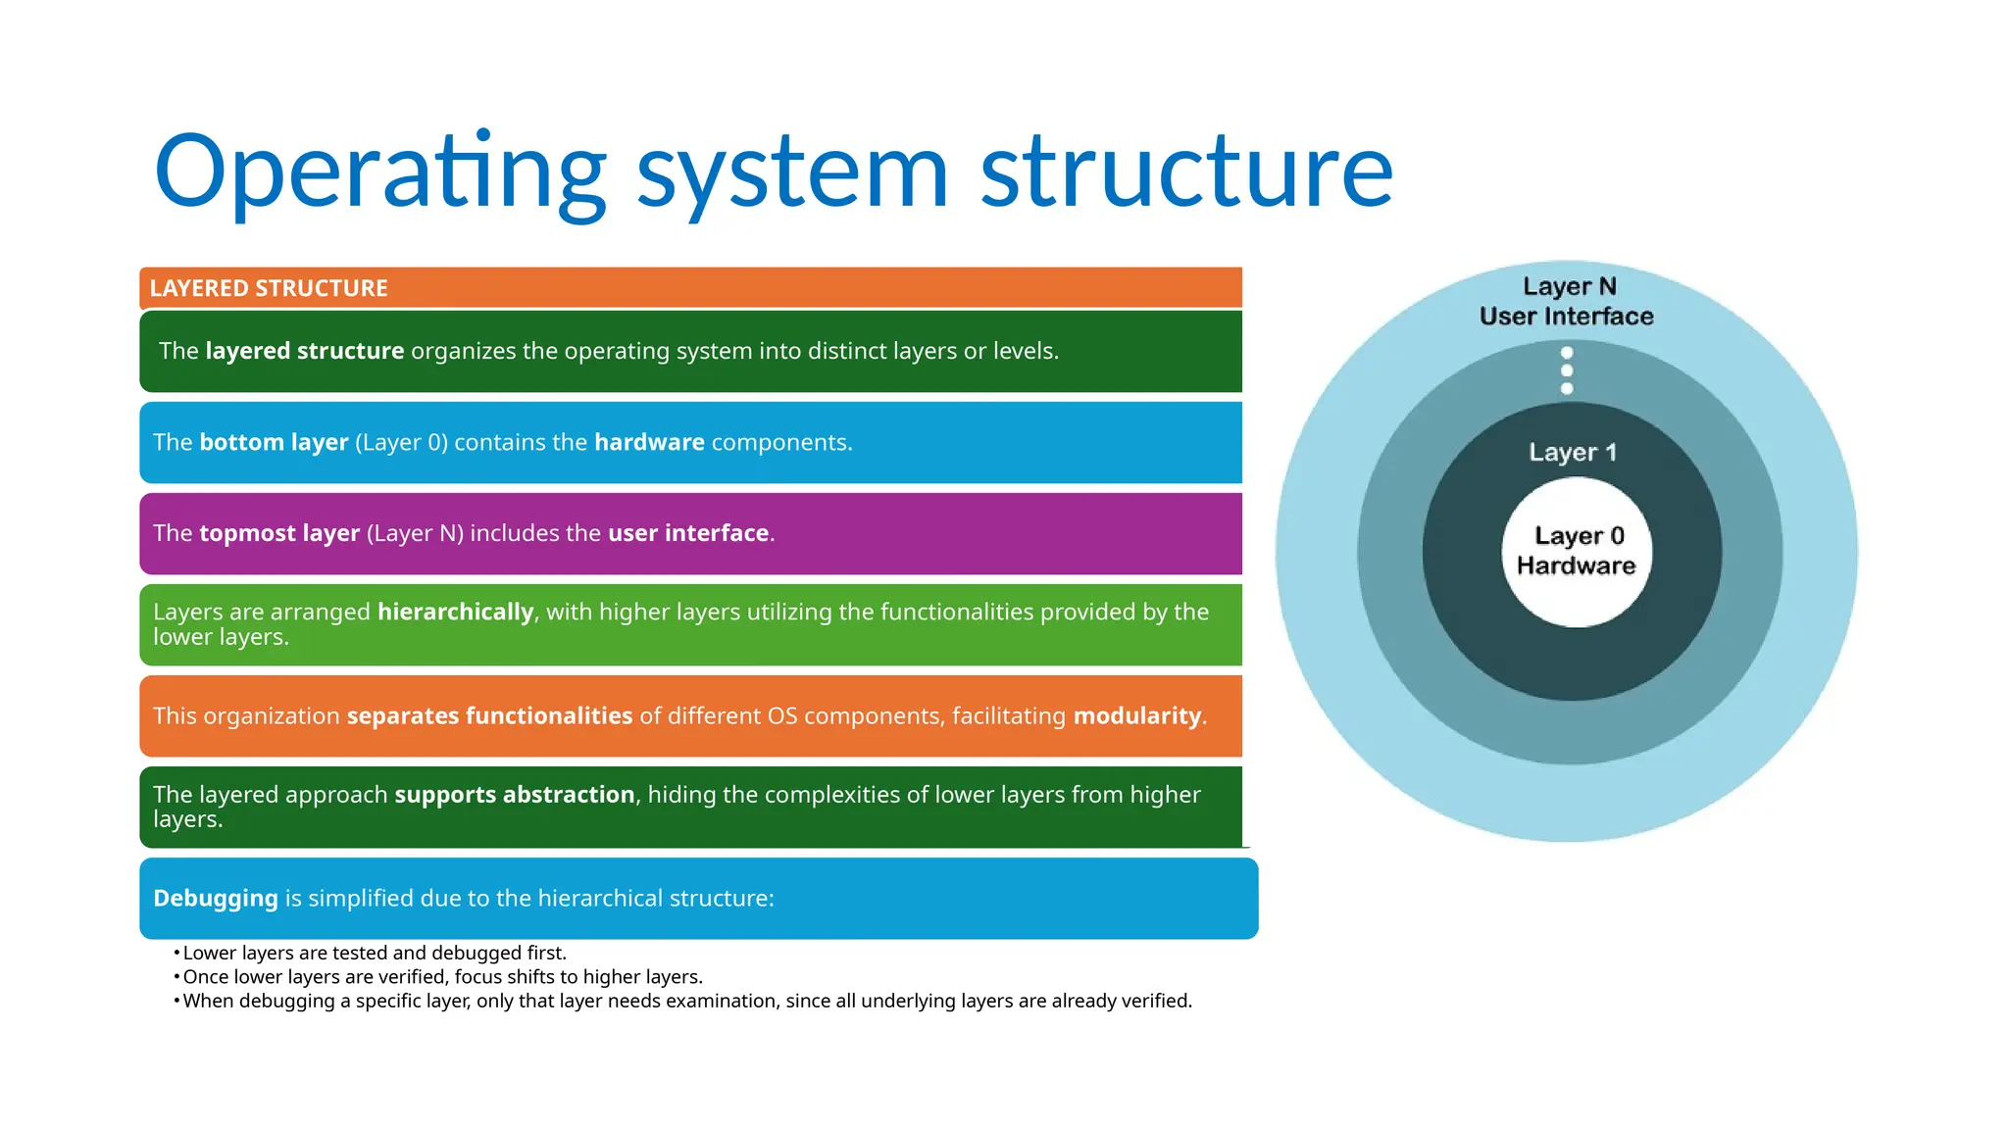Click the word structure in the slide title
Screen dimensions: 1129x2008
[1186, 172]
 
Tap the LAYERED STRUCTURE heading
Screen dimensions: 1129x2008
[269, 288]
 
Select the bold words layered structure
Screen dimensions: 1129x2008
[304, 351]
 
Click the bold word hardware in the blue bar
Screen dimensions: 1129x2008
[649, 442]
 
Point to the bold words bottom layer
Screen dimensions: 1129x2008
[274, 442]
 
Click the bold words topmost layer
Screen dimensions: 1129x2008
[279, 533]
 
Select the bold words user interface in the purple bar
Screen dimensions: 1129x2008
[688, 533]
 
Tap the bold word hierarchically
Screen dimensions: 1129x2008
[455, 612]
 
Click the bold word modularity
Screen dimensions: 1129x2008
[1137, 715]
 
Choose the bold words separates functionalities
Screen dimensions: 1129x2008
[489, 715]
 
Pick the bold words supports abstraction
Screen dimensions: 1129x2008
[515, 794]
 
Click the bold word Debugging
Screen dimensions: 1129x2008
[216, 898]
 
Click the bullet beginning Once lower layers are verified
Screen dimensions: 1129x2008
[442, 977]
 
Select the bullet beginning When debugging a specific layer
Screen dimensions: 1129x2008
[686, 1001]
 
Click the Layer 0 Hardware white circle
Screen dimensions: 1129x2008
[1577, 552]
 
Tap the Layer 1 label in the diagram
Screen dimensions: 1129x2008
[1573, 452]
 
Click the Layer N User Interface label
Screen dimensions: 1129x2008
[1567, 301]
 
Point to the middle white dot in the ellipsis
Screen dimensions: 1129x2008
[1567, 370]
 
